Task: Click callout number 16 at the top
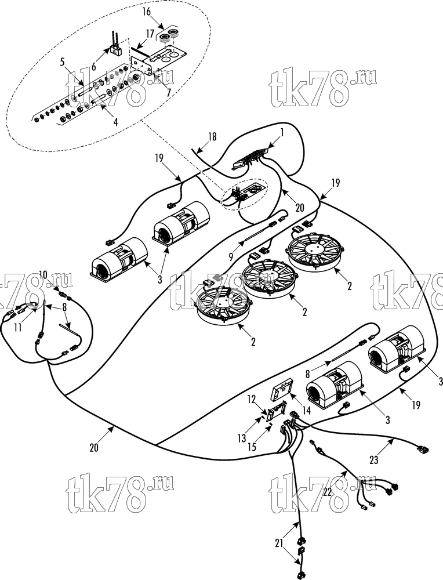click(147, 12)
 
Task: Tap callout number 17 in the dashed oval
click(150, 34)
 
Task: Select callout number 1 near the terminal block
click(282, 132)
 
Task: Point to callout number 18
click(212, 137)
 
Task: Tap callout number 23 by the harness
click(374, 460)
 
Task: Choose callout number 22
click(328, 491)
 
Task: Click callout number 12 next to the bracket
click(252, 399)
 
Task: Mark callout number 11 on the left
click(18, 327)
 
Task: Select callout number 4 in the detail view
click(115, 122)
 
